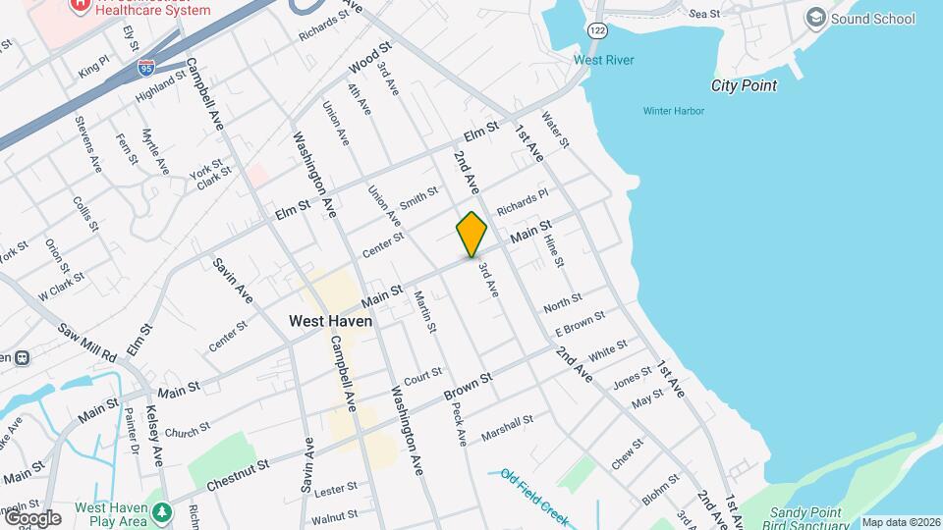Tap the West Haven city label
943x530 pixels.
[330, 321]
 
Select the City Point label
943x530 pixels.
[744, 85]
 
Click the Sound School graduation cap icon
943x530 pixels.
[814, 18]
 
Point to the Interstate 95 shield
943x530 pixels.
[145, 67]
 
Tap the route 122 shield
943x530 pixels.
[597, 30]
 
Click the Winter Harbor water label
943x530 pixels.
[673, 111]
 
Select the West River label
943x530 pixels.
[603, 60]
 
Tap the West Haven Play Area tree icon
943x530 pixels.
[161, 511]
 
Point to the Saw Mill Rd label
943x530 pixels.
[86, 341]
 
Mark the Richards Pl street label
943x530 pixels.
[522, 202]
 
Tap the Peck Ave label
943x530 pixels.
[459, 422]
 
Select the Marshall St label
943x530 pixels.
[507, 427]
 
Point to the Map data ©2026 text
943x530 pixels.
[901, 522]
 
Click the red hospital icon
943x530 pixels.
[77, 5]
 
